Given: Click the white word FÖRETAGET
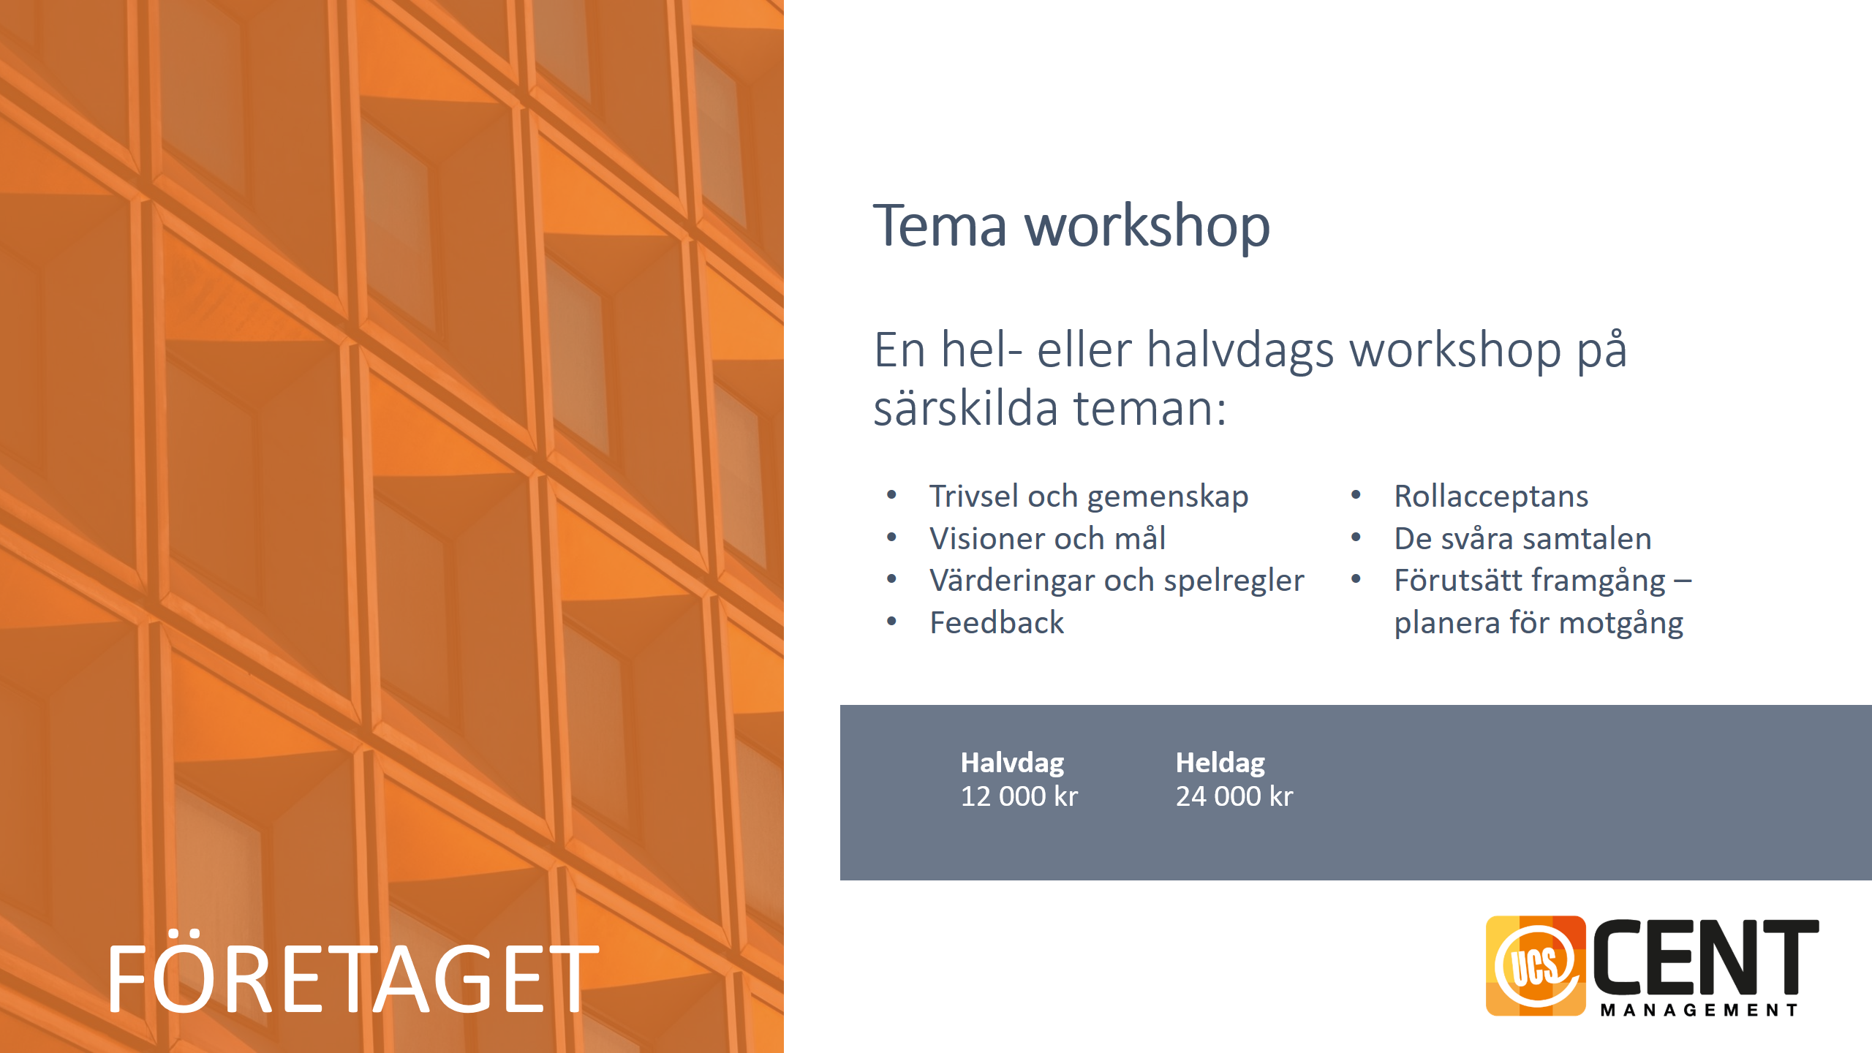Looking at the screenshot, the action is coord(353,973).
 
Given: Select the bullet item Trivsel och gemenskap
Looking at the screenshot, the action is coord(1089,497).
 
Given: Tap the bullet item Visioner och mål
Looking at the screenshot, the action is coord(1047,538).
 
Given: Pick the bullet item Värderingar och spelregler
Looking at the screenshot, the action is coord(1117,581).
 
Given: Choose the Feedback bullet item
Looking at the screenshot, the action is coord(997,622).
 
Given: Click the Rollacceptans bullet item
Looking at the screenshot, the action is coord(1491,497).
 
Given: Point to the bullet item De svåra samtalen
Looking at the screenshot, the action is coord(1522,538).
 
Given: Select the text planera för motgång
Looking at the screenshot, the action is coord(1539,623).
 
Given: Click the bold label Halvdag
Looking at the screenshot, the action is coord(1012,762).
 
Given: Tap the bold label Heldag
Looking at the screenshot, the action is coord(1220,762).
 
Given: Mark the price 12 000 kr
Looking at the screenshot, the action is coord(1019,796).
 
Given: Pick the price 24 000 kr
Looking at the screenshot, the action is coord(1234,796).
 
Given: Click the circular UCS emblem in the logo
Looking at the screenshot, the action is coord(1536,965).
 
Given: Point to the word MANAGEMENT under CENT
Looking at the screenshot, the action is coord(1699,1010).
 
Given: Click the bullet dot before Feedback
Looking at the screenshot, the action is coord(891,622).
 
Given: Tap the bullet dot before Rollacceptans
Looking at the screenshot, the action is coord(1356,495).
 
